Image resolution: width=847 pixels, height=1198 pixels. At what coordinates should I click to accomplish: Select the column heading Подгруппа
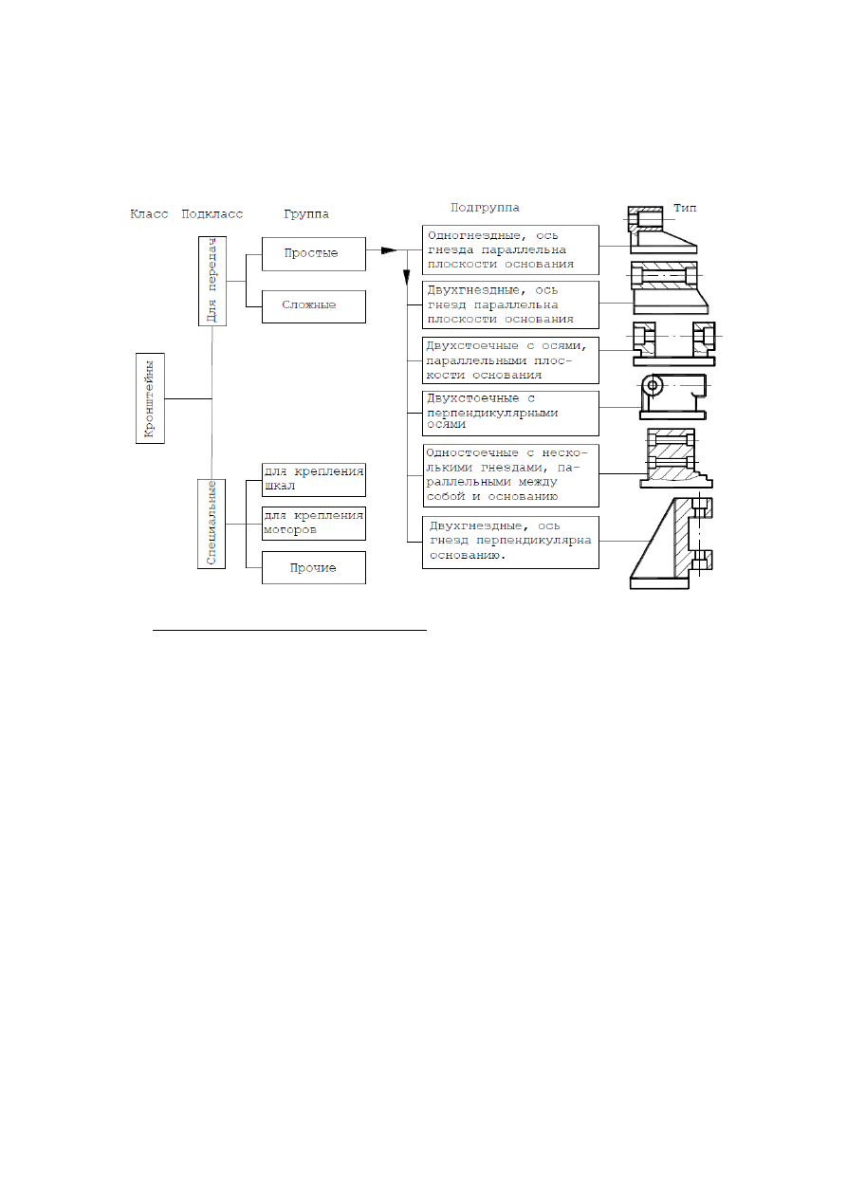click(x=485, y=208)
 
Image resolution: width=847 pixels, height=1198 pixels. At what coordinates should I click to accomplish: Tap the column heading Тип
click(x=685, y=208)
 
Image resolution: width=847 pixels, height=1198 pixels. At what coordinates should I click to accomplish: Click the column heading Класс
click(x=149, y=214)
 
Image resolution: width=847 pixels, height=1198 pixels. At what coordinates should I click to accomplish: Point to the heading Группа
click(x=306, y=214)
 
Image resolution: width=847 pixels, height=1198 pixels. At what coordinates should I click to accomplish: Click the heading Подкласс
click(x=212, y=214)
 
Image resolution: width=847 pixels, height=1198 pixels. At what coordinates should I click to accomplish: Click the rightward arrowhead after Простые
click(x=389, y=250)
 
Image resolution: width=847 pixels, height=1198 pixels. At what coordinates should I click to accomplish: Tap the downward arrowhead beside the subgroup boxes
click(x=406, y=277)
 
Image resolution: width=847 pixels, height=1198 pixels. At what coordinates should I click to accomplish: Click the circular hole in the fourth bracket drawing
click(x=653, y=385)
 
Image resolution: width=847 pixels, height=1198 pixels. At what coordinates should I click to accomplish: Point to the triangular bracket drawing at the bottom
click(x=672, y=544)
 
